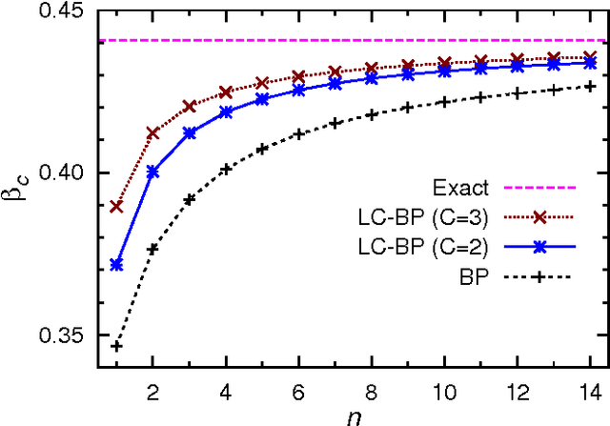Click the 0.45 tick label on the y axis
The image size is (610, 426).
tap(63, 11)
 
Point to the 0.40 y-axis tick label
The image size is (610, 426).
tap(63, 174)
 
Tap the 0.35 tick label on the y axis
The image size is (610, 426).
tap(63, 336)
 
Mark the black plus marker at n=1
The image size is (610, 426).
tap(116, 346)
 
